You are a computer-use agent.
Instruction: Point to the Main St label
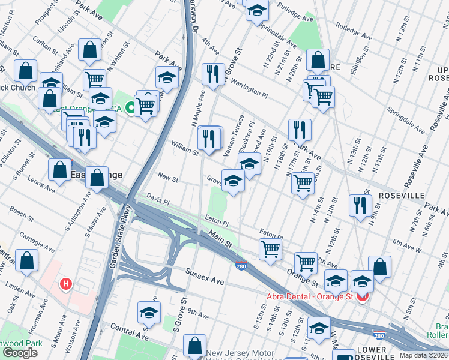click(x=220, y=240)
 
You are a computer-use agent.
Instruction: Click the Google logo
click(x=20, y=353)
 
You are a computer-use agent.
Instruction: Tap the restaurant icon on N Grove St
click(x=213, y=73)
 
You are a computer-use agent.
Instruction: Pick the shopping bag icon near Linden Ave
click(x=26, y=260)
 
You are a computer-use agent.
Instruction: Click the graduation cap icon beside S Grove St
click(x=149, y=312)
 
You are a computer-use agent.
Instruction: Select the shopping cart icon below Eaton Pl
click(x=270, y=249)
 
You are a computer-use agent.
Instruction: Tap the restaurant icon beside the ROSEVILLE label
click(x=360, y=205)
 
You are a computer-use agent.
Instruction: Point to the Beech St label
click(x=21, y=214)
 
